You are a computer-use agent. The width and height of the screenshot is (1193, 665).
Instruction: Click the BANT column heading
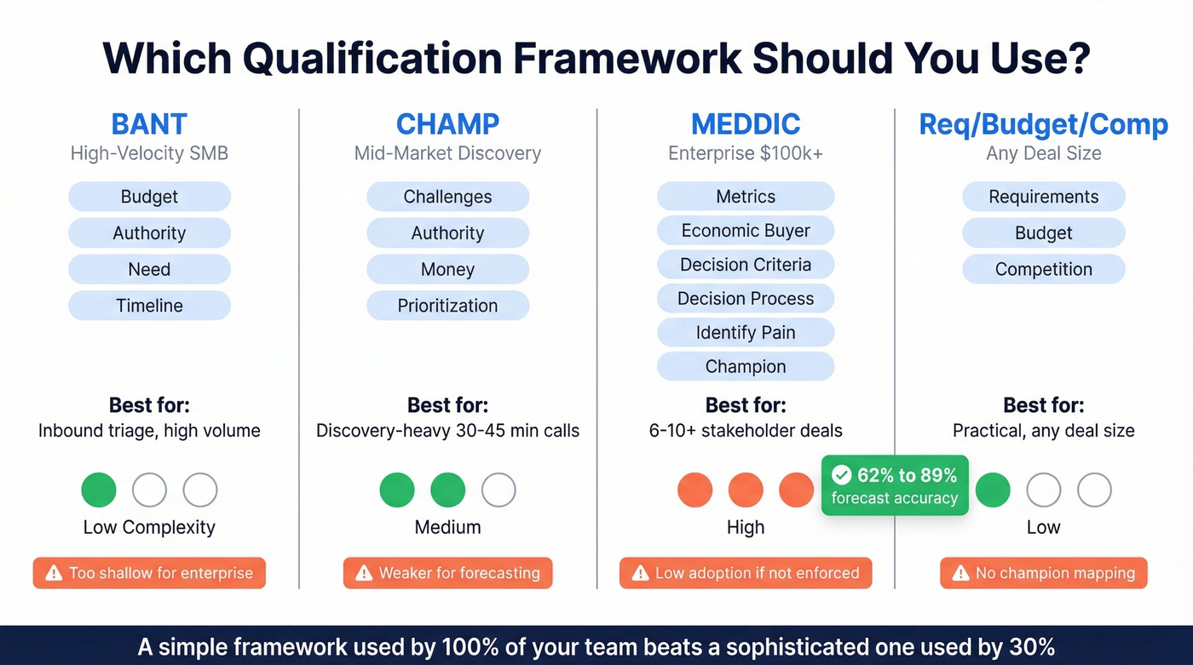(149, 124)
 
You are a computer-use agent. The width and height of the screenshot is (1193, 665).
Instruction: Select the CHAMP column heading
(447, 124)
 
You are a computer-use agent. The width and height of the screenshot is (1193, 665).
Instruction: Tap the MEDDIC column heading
(746, 124)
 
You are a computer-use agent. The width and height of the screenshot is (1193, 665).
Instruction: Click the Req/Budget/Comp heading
(1043, 124)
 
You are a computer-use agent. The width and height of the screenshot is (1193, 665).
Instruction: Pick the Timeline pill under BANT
(149, 306)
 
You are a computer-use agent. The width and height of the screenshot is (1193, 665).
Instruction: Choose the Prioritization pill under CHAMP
(447, 306)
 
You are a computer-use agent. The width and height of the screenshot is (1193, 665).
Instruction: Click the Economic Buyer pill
(746, 231)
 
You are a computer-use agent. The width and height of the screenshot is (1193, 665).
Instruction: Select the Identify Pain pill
(746, 333)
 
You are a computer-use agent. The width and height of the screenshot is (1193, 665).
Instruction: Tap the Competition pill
(1043, 269)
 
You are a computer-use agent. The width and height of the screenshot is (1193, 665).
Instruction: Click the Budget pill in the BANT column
(149, 197)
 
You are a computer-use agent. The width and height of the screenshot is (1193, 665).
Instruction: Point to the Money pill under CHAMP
(447, 269)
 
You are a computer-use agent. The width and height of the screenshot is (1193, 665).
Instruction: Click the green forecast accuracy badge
(895, 486)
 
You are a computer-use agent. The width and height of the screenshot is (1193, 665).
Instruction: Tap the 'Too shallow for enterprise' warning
(149, 573)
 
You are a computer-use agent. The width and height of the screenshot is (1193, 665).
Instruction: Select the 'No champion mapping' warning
(1043, 573)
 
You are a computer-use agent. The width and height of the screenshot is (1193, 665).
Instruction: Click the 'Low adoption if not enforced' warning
(746, 573)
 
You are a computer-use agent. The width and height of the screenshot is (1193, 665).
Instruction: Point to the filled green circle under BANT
(99, 490)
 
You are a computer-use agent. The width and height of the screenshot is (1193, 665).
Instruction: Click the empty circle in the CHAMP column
(499, 490)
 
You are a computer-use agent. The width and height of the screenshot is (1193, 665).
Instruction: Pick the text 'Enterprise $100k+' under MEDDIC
(746, 154)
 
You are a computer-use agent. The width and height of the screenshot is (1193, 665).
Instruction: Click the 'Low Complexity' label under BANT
(149, 527)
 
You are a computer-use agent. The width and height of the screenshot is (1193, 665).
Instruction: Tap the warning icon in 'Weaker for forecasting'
(364, 573)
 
